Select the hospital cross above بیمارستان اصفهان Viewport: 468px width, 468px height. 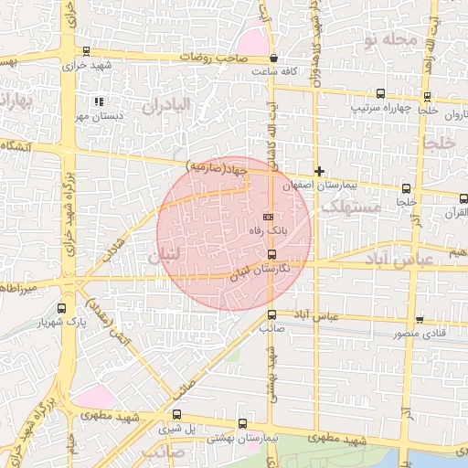tap(319, 171)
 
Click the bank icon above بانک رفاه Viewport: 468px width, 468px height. tap(267, 217)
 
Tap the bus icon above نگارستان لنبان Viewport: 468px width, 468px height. tap(271, 253)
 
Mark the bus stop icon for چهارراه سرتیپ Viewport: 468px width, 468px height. tap(380, 93)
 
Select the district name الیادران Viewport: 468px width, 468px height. tap(165, 105)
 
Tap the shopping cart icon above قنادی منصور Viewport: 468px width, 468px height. tap(420, 319)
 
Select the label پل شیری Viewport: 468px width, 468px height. tap(177, 428)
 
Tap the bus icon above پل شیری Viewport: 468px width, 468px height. tap(164, 414)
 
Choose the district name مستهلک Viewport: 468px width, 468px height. tap(346, 209)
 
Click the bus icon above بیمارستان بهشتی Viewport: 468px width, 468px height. tap(241, 424)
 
